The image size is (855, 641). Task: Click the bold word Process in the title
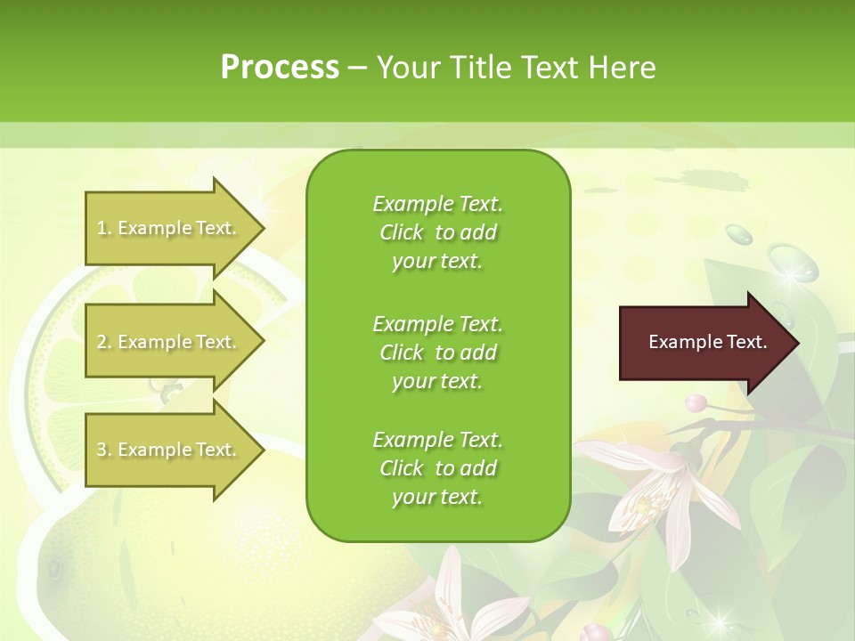click(x=280, y=68)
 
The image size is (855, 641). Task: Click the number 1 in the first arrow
click(x=102, y=229)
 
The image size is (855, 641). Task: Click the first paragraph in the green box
click(x=437, y=232)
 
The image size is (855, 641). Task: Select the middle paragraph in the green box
click(x=437, y=352)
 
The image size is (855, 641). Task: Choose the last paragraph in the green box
click(x=437, y=468)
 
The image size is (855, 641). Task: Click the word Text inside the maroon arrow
click(x=743, y=343)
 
